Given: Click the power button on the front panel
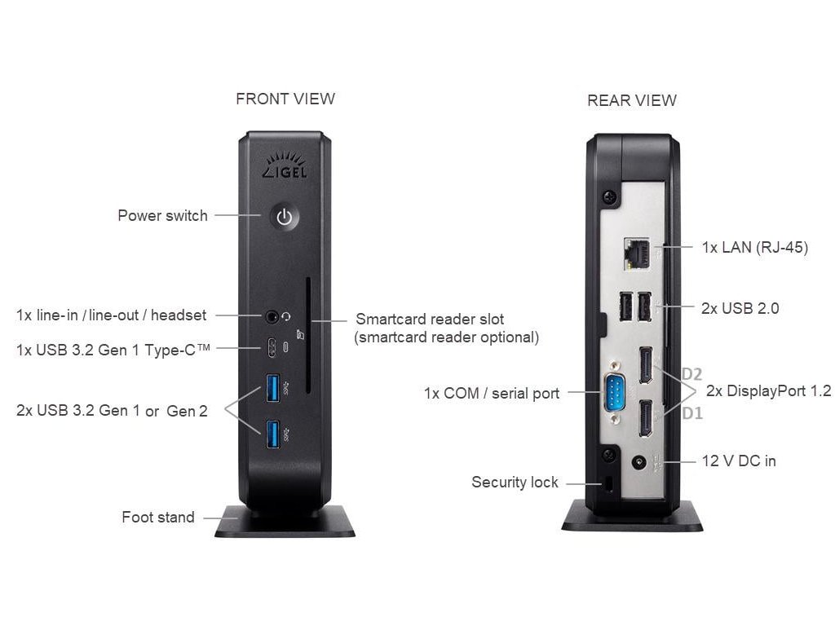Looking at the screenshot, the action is point(284,217).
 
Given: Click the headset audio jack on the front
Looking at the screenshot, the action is point(273,315).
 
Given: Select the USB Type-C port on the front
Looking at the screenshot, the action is point(272,348).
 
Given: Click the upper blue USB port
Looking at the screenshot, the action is point(272,387).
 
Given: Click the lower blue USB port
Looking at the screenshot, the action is point(272,433).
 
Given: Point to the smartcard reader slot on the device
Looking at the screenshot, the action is point(309,335).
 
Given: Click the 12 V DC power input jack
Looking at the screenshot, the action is point(639,462).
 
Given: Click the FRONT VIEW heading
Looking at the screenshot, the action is point(285,99).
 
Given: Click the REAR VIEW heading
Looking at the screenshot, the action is point(632,100).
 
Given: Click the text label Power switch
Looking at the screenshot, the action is point(162,216).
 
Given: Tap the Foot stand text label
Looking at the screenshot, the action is point(158,517).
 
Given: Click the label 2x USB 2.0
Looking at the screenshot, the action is point(740,308).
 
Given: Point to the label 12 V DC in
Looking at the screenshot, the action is point(739,461).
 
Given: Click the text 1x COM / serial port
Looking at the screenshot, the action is point(492,393).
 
